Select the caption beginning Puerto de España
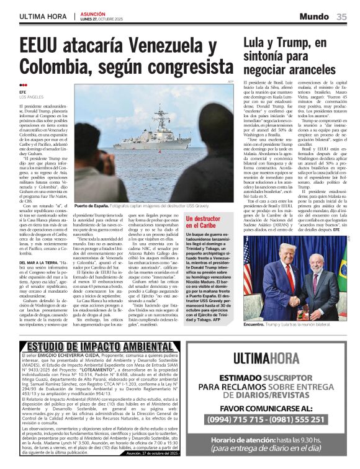tap(94, 205)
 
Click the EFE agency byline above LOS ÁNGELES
tap(24, 92)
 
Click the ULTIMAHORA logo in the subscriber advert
tap(271, 357)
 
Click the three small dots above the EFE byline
tap(23, 86)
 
